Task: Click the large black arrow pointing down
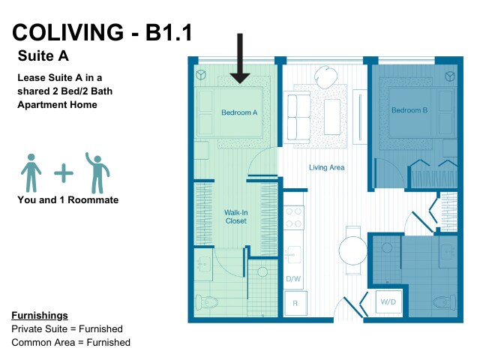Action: click(240, 58)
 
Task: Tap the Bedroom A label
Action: click(239, 112)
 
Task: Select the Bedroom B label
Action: click(409, 110)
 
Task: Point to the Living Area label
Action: click(327, 167)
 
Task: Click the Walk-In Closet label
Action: click(236, 217)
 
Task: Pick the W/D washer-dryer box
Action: click(388, 301)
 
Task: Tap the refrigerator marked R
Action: click(295, 303)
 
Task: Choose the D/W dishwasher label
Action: click(293, 279)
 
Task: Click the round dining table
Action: click(352, 250)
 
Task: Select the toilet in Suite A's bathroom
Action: click(206, 303)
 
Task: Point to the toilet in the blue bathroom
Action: click(444, 302)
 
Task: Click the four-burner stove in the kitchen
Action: click(293, 217)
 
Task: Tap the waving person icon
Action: click(97, 173)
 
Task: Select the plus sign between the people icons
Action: click(64, 173)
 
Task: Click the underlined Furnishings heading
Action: click(40, 316)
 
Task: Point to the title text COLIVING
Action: click(68, 32)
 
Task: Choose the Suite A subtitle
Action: click(43, 56)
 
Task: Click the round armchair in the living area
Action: click(326, 76)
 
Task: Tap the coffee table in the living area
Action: click(332, 117)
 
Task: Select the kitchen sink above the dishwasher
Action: click(293, 254)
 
